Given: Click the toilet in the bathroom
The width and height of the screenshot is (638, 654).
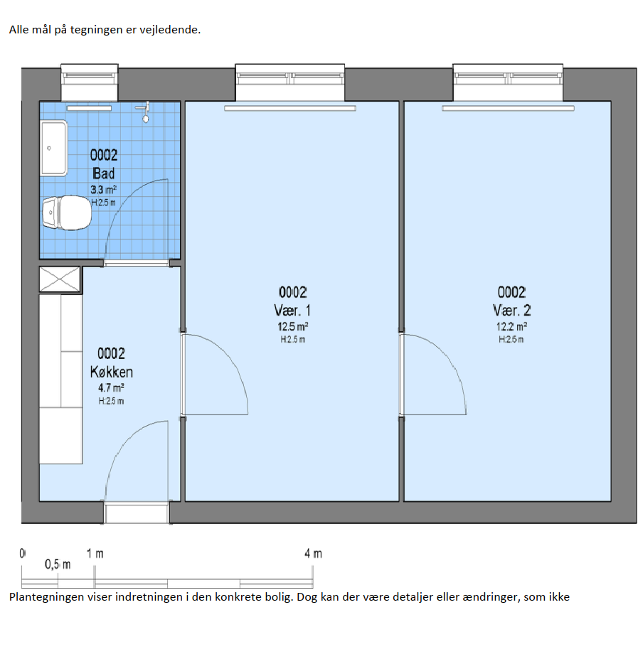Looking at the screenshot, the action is point(67,213).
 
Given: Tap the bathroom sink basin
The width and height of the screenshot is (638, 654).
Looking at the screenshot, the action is point(54,148).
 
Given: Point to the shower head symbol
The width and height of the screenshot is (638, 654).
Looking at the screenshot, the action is point(144,112).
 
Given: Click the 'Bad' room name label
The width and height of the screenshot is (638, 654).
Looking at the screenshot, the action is point(103,173).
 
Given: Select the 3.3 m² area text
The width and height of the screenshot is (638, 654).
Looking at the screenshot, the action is point(103,190).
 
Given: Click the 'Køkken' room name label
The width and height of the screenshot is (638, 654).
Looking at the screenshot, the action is point(112,372).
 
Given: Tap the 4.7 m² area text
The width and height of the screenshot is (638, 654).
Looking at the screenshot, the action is point(111,388).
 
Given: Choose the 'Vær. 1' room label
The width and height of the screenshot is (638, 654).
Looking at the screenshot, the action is point(292,311).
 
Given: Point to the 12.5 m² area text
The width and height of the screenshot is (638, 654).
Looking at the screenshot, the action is point(292,326).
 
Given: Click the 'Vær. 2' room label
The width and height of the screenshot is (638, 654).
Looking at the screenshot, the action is point(511,311).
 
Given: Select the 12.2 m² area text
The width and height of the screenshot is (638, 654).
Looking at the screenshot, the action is point(511,326).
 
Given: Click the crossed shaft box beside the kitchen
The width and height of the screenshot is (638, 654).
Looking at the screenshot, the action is point(60,279).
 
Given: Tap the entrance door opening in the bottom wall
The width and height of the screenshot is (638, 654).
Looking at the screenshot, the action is point(137,513).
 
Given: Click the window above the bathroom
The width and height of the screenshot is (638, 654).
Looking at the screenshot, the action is point(90,82).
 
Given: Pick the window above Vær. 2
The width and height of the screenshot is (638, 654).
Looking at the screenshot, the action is point(508,82).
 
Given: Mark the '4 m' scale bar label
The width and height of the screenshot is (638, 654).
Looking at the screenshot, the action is point(313,554).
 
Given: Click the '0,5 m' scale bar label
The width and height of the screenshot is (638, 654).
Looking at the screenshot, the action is point(58,564).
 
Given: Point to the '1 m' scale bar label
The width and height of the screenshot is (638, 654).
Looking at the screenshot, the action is point(95,554).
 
